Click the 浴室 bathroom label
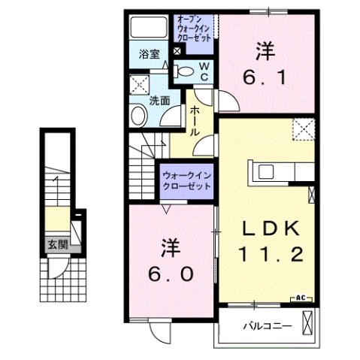pos(149,54)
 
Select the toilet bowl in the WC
pos(184,71)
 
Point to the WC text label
pos(203,71)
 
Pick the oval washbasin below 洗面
pos(139,116)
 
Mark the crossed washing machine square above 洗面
pos(138,83)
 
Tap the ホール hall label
pos(195,120)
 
